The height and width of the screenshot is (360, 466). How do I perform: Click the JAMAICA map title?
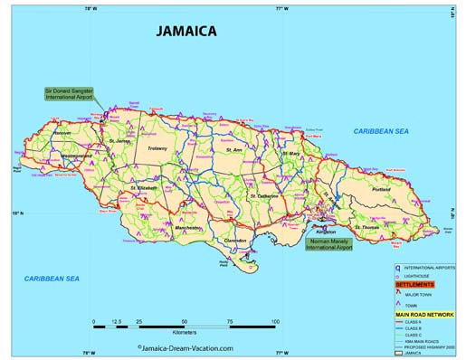pyautogui.click(x=185, y=31)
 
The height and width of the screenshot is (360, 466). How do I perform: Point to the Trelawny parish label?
pyautogui.click(x=158, y=148)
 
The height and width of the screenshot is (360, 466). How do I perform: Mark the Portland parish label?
pyautogui.click(x=380, y=189)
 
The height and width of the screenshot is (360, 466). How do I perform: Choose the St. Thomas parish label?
pyautogui.click(x=366, y=226)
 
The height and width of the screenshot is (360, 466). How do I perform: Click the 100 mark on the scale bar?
pyautogui.click(x=274, y=321)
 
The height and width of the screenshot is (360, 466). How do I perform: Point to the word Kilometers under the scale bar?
pyautogui.click(x=184, y=334)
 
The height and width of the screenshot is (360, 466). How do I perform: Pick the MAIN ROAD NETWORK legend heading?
pyautogui.click(x=424, y=314)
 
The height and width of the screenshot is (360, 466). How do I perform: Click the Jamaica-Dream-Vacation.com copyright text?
pyautogui.click(x=185, y=347)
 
